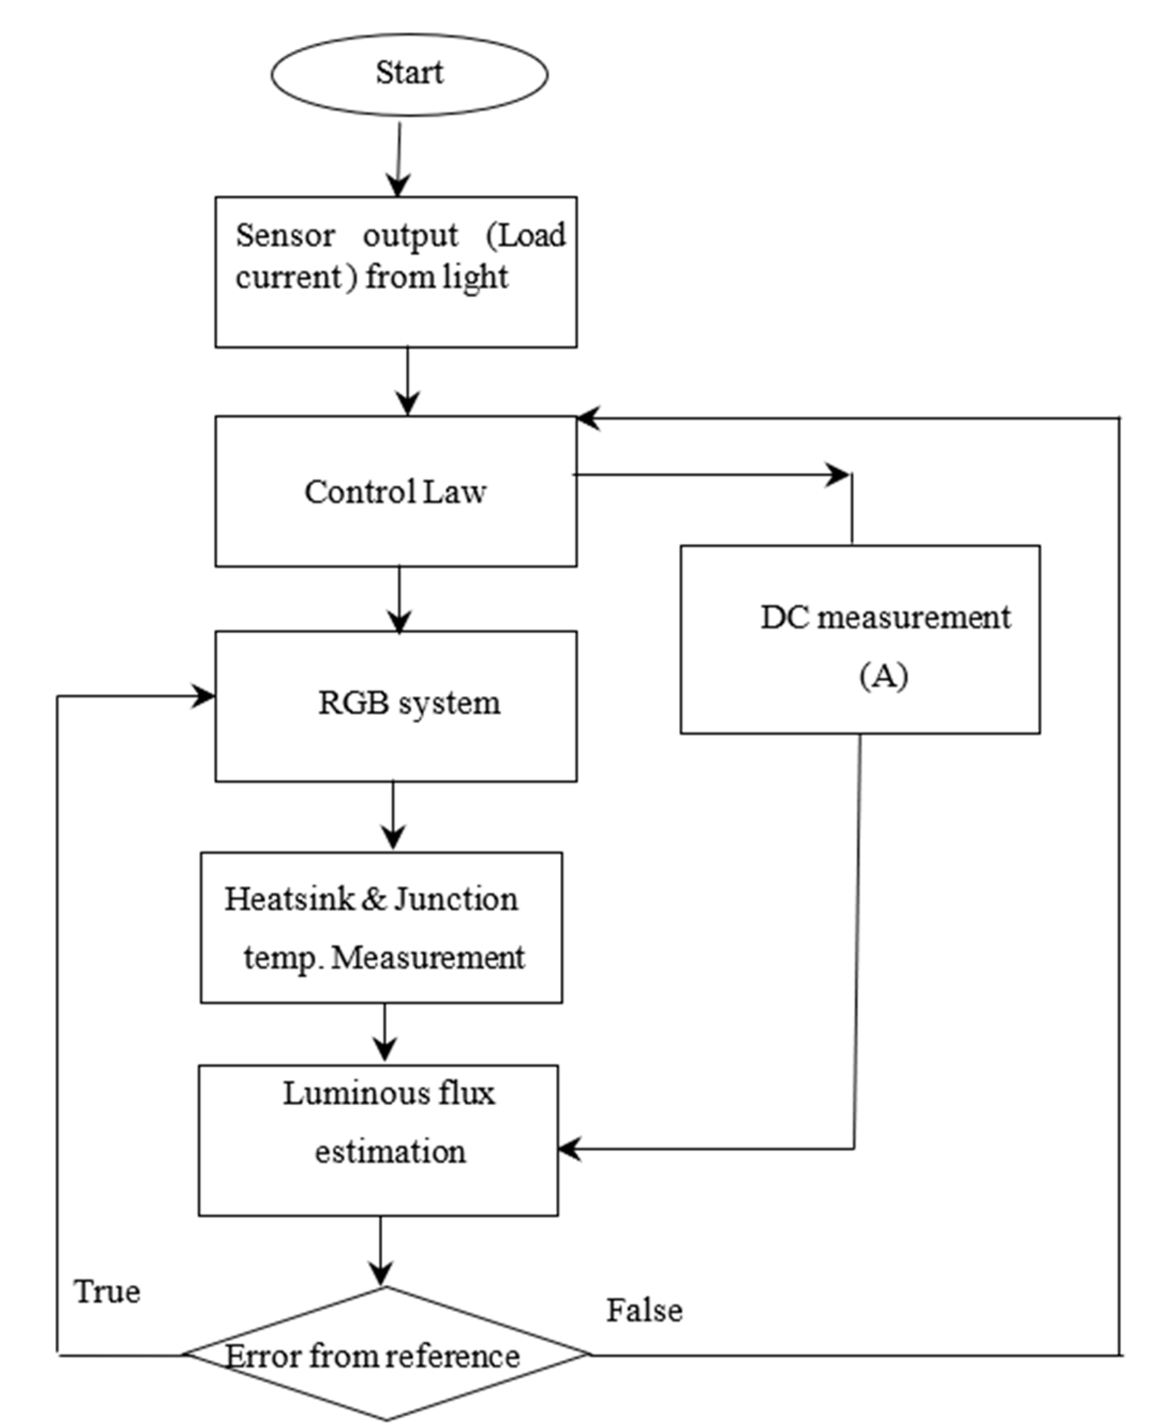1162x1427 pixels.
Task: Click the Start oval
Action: (409, 73)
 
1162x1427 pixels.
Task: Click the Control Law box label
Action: (395, 492)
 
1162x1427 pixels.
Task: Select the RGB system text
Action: (408, 703)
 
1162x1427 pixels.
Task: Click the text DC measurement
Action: (885, 617)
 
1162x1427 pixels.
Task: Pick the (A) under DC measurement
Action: (883, 676)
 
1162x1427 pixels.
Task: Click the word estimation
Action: (390, 1152)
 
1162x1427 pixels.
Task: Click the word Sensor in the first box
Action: (285, 236)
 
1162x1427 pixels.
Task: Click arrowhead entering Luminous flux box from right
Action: (569, 1149)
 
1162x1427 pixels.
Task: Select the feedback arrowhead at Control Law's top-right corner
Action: (587, 418)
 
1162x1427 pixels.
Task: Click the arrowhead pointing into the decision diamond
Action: (381, 1273)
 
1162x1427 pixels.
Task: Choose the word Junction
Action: (456, 899)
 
